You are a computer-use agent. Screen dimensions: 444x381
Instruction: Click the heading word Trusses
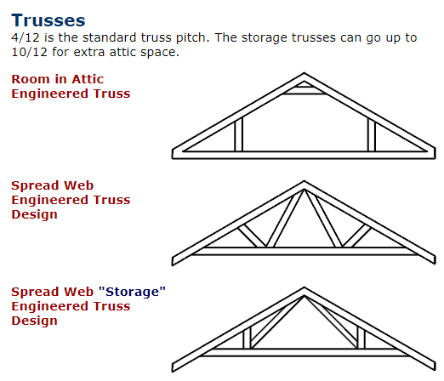[48, 20]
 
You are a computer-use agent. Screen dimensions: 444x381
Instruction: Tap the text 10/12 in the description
[29, 52]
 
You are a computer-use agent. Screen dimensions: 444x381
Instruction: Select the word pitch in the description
[192, 38]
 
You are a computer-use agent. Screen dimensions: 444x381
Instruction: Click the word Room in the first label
[31, 79]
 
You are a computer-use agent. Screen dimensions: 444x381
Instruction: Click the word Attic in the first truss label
[88, 79]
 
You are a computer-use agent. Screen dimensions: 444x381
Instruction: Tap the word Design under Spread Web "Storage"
[34, 321]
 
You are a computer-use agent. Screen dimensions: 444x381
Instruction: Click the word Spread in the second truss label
[35, 186]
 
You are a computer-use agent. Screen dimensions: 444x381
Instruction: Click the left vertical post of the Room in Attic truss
[239, 134]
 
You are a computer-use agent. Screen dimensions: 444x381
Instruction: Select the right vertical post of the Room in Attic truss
[372, 134]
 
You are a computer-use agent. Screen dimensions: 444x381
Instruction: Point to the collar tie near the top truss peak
[305, 90]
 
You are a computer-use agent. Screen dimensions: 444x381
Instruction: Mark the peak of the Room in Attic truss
[305, 73]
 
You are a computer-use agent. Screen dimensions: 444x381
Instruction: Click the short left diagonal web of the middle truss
[252, 236]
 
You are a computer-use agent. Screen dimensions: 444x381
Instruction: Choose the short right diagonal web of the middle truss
[356, 236]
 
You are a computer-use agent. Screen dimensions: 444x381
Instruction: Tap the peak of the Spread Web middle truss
[305, 181]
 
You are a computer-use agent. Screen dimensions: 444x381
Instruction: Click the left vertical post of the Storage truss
[247, 338]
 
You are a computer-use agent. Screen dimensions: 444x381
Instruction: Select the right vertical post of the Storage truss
[361, 338]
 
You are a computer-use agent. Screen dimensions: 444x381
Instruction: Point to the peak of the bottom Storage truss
[305, 287]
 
